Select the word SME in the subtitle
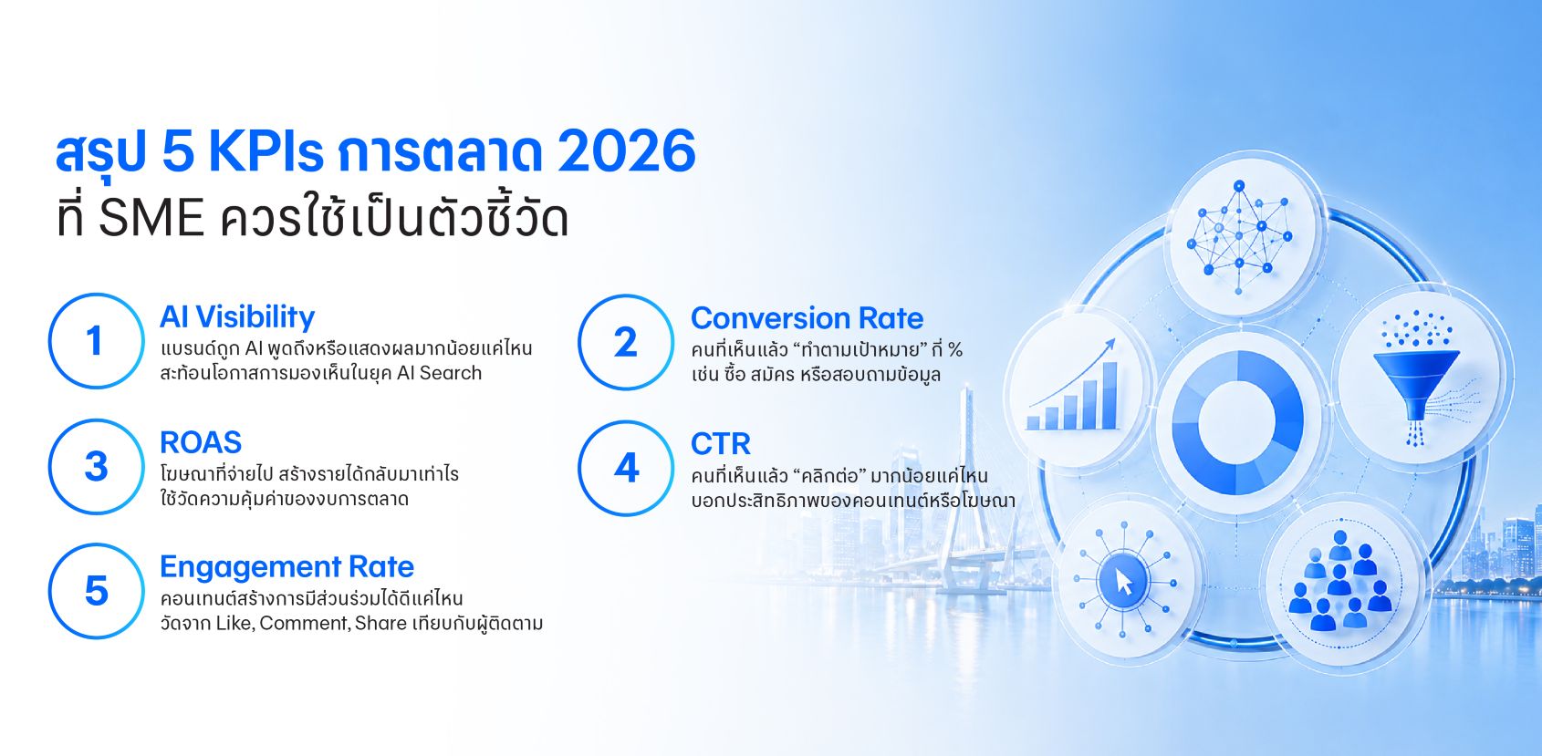coord(151,218)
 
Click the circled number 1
coord(96,341)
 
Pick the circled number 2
coord(626,342)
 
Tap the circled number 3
coord(96,466)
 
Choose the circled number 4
coord(626,468)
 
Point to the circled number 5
coord(96,591)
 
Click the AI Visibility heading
coord(237,317)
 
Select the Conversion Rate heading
coord(807,317)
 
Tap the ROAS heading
coord(201,442)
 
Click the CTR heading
coord(720,444)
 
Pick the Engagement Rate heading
coord(287,567)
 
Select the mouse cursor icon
coord(1123,580)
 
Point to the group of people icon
coord(1339,580)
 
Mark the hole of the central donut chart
coord(1238,420)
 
